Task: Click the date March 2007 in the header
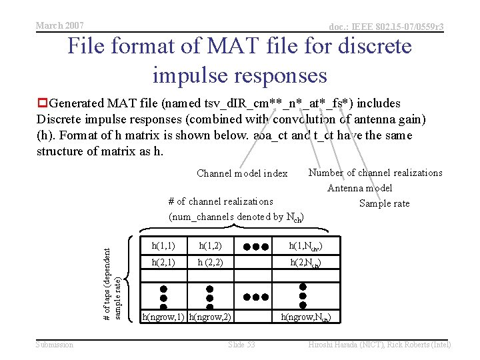pyautogui.click(x=59, y=25)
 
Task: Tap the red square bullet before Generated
pyautogui.click(x=42, y=103)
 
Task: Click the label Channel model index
pyautogui.click(x=242, y=173)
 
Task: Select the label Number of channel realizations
pyautogui.click(x=375, y=173)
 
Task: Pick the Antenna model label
pyautogui.click(x=360, y=188)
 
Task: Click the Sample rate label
pyautogui.click(x=384, y=203)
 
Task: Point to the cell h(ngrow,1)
pyautogui.click(x=163, y=317)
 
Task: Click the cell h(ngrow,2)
pyautogui.click(x=210, y=317)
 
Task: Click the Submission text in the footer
pyautogui.click(x=55, y=345)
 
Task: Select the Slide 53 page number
pyautogui.click(x=241, y=345)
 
